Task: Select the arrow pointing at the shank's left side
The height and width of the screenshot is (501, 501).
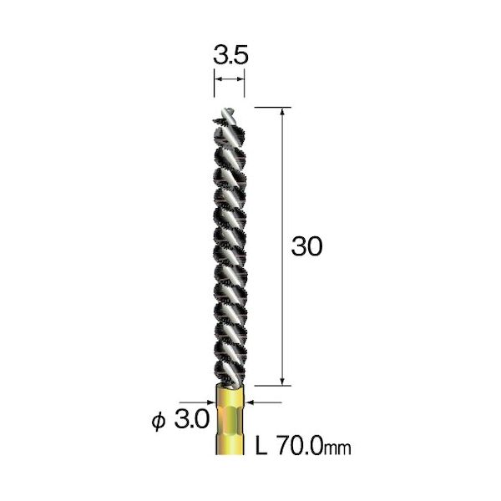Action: point(210,402)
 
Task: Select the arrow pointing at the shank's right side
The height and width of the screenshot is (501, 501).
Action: point(248,402)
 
